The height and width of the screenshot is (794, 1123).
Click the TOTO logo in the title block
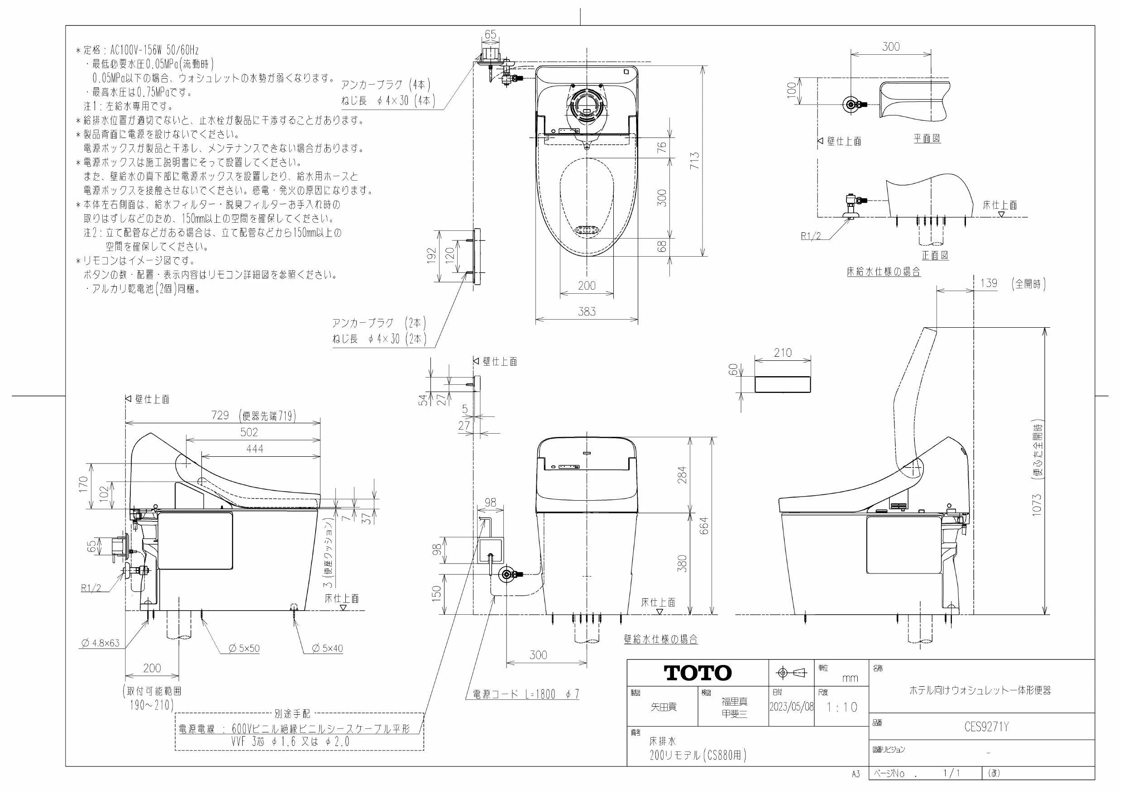pos(698,673)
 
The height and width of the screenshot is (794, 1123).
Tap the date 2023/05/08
pos(791,707)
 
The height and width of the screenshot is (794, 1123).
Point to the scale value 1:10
pos(842,707)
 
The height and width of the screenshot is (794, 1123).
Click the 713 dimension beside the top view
pos(694,161)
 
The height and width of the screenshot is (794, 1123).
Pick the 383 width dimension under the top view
pos(587,311)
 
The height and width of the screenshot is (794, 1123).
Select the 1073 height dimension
pos(1037,504)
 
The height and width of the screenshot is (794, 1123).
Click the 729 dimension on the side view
pos(220,416)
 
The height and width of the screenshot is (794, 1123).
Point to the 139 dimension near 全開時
pos(989,283)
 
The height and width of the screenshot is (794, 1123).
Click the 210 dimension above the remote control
pos(783,353)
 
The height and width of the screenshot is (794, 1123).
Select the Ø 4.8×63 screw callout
pos(101,643)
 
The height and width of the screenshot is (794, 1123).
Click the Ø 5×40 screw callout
pos(327,649)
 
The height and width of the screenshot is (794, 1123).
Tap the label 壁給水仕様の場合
pos(661,639)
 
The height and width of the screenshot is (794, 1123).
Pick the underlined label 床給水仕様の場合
pos(884,272)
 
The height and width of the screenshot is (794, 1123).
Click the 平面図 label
pos(927,139)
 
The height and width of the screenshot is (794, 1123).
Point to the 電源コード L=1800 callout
pos(526,694)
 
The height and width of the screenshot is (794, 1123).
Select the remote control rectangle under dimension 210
pos(783,384)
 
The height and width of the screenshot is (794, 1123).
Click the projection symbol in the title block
pos(791,673)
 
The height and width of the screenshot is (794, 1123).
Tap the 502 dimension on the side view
pos(249,432)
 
